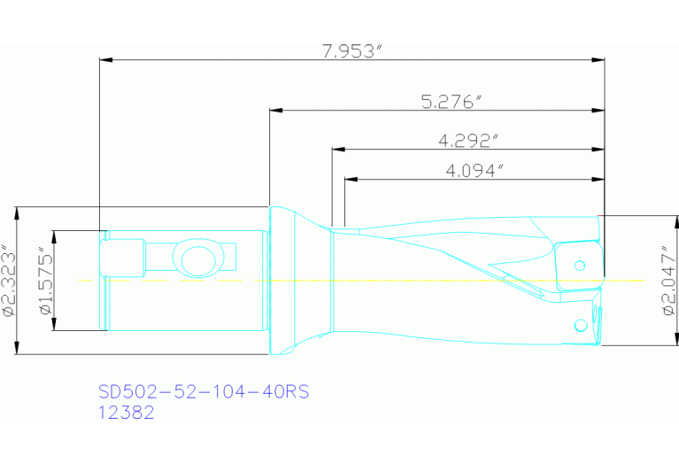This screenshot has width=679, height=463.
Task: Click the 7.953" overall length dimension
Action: [x=351, y=50]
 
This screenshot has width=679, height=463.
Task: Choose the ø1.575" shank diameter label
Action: [x=46, y=281]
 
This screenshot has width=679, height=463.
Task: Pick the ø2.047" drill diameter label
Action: [x=667, y=282]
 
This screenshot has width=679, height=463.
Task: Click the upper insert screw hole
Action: [x=581, y=265]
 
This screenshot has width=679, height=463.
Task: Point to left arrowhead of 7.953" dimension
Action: [x=106, y=60]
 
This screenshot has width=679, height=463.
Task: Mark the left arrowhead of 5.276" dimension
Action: [x=276, y=111]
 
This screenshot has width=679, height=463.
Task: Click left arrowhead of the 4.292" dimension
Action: [x=338, y=150]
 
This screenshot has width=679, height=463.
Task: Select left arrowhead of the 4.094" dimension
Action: [x=351, y=180]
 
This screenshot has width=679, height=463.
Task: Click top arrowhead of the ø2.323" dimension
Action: [x=17, y=212]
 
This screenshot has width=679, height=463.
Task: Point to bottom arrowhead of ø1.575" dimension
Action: [x=53, y=327]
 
